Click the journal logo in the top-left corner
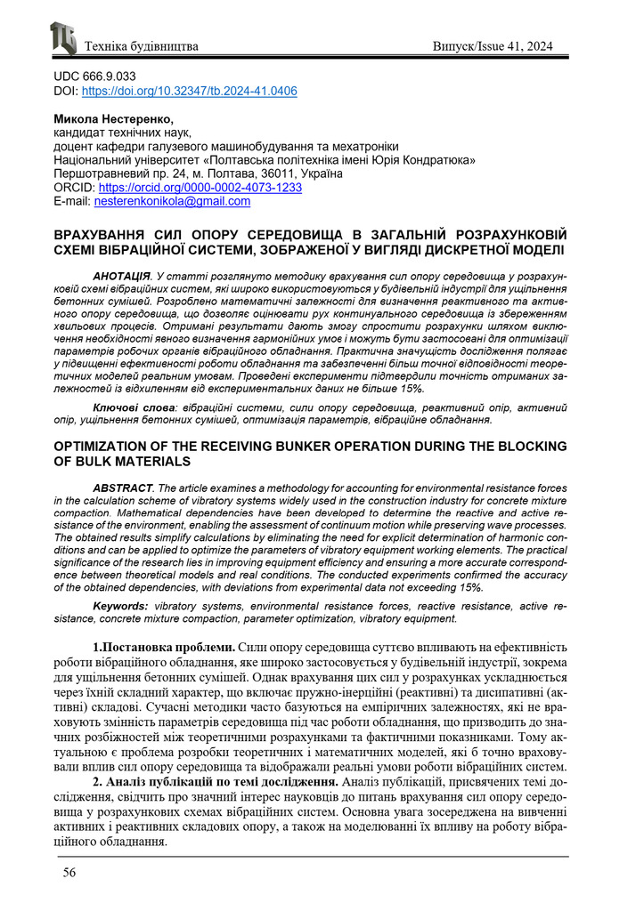[63, 39]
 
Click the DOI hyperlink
[189, 92]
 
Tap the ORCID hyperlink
[200, 189]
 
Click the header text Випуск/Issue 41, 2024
[498, 45]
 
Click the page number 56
[69, 873]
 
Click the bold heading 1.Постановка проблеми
[164, 647]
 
